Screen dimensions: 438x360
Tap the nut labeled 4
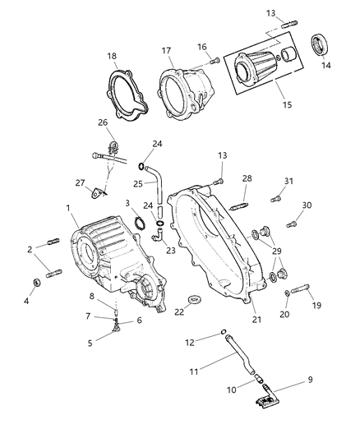point(36,284)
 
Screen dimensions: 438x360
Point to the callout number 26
point(103,124)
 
